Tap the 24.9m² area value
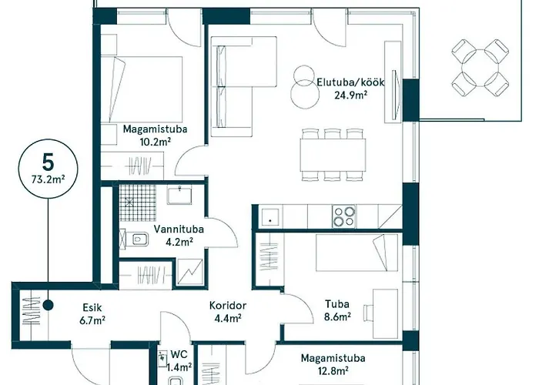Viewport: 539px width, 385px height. click(x=350, y=95)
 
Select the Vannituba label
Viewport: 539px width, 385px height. click(x=173, y=229)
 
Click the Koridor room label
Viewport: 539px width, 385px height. click(x=227, y=304)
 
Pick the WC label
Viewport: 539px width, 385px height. click(x=179, y=354)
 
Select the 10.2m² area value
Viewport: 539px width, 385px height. click(x=155, y=142)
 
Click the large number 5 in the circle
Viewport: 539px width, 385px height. click(x=49, y=162)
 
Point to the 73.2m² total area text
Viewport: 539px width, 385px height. click(x=49, y=182)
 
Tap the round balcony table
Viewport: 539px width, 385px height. click(x=478, y=68)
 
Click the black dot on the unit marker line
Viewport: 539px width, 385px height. click(x=48, y=305)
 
